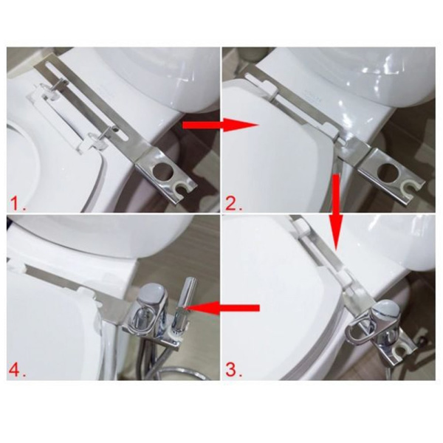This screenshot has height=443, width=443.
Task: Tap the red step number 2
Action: point(233,204)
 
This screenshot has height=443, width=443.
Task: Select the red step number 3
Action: point(233,370)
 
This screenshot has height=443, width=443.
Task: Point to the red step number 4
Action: point(18,370)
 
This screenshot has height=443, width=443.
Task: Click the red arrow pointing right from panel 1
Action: point(221,126)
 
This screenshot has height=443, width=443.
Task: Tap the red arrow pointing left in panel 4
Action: point(223,308)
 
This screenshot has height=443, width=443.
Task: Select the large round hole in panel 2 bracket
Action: point(388,172)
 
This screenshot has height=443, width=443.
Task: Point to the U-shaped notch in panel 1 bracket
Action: point(181,188)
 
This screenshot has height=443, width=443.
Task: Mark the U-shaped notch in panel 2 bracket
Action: point(410,187)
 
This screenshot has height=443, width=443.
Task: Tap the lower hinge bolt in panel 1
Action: point(104,132)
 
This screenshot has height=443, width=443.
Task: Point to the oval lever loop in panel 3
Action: point(361,330)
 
